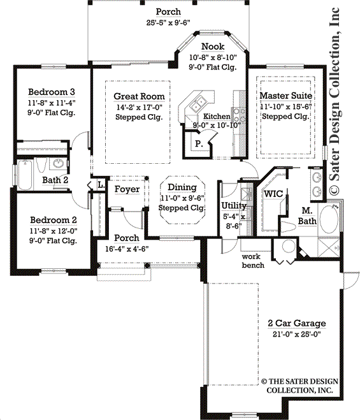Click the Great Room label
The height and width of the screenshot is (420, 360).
pyautogui.click(x=139, y=96)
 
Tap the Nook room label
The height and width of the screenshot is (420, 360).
pyautogui.click(x=212, y=47)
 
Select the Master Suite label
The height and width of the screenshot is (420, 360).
pyautogui.click(x=286, y=96)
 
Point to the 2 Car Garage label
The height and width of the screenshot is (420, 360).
pyautogui.click(x=296, y=323)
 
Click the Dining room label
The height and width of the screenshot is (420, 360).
pyautogui.click(x=182, y=187)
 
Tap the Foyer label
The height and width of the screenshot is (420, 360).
pyautogui.click(x=127, y=189)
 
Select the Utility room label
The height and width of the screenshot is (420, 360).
pyautogui.click(x=234, y=205)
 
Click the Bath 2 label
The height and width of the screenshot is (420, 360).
pyautogui.click(x=55, y=180)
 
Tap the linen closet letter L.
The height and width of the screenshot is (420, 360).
pyautogui.click(x=100, y=185)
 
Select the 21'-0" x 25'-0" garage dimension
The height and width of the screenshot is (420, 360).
pyautogui.click(x=296, y=333)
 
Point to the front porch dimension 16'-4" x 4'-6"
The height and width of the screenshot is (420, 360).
pyautogui.click(x=127, y=249)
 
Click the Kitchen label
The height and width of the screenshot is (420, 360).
pyautogui.click(x=217, y=117)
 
